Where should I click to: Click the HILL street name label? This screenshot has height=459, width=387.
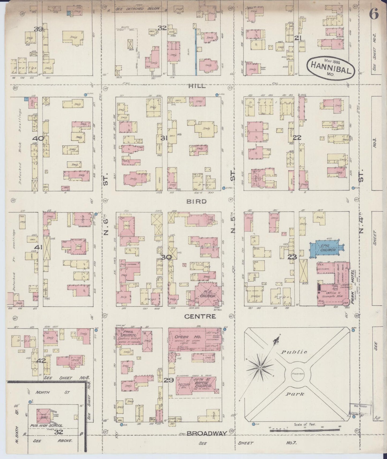197,86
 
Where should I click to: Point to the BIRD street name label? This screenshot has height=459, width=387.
197,201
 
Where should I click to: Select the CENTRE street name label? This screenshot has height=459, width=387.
200,317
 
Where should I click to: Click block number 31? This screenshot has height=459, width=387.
164,138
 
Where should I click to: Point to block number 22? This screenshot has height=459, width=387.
297,138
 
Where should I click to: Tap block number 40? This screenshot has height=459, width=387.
38,138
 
